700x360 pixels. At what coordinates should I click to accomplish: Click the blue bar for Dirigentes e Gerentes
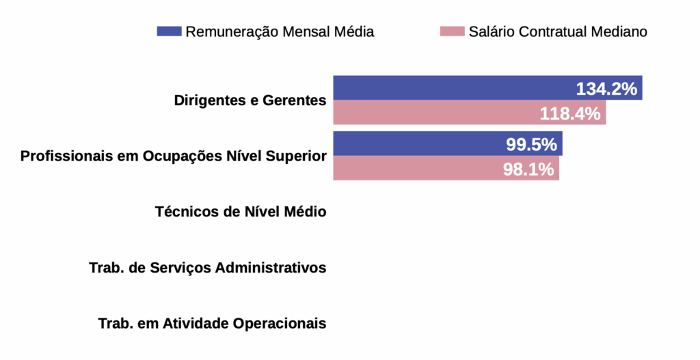451,88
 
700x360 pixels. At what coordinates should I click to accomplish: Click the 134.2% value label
606,89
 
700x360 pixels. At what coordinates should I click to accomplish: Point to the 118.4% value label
570,113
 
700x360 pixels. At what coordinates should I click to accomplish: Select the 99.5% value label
531,145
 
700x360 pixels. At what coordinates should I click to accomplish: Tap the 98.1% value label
528,169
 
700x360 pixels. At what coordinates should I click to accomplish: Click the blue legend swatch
169,31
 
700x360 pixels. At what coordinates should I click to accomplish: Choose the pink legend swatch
452,31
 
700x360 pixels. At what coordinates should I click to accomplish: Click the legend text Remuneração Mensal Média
280,31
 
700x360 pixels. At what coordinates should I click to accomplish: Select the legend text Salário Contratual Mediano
558,31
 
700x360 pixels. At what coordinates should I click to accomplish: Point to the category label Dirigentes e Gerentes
250,100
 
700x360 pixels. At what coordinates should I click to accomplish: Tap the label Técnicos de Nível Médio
241,212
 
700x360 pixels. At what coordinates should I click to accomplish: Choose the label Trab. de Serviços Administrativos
207,268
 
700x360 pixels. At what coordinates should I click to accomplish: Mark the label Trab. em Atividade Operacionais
212,323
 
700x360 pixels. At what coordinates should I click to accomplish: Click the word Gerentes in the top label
296,100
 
